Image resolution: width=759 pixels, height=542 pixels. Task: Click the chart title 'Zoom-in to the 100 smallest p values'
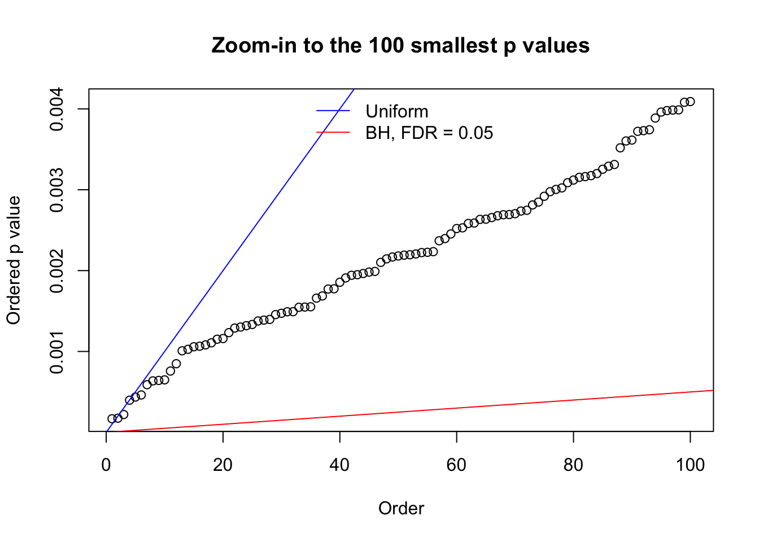pyautogui.click(x=400, y=45)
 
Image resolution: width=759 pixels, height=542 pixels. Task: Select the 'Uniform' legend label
pyautogui.click(x=396, y=111)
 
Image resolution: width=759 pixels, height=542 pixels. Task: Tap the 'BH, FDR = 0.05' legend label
pyautogui.click(x=429, y=133)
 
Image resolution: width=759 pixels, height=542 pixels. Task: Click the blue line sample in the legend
pyautogui.click(x=333, y=111)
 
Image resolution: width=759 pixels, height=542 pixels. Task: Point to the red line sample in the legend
pyautogui.click(x=333, y=133)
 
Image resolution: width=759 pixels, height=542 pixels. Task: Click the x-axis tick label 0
pyautogui.click(x=106, y=465)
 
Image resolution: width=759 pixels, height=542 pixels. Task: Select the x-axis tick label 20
pyautogui.click(x=223, y=465)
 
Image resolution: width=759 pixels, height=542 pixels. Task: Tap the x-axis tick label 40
pyautogui.click(x=340, y=465)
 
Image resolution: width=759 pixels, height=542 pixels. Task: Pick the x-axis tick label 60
pyautogui.click(x=456, y=465)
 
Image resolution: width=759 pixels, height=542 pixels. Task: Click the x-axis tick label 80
pyautogui.click(x=573, y=465)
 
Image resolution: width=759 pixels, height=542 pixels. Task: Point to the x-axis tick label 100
pyautogui.click(x=690, y=465)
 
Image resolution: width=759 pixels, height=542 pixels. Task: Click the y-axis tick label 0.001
pyautogui.click(x=56, y=352)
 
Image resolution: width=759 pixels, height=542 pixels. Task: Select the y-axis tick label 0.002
pyautogui.click(x=56, y=271)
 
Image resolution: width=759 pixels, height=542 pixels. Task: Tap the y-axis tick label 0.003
pyautogui.click(x=56, y=190)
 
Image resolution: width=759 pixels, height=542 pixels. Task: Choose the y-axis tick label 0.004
pyautogui.click(x=56, y=109)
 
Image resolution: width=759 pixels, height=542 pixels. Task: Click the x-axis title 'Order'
pyautogui.click(x=401, y=509)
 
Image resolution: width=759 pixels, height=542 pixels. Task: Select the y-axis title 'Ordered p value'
pyautogui.click(x=14, y=260)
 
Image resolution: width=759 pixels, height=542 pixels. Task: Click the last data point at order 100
pyautogui.click(x=690, y=102)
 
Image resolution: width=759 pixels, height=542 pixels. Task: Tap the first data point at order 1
pyautogui.click(x=112, y=418)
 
